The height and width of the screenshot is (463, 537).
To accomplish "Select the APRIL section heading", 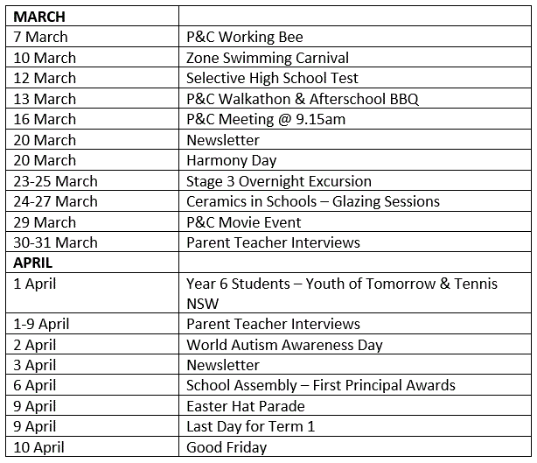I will pyautogui.click(x=33, y=263).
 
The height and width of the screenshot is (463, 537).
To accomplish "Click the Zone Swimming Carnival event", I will pyautogui.click(x=268, y=58).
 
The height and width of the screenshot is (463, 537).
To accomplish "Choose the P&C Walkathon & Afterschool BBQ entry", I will pyautogui.click(x=303, y=99).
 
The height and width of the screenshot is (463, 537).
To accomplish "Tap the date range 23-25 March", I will pyautogui.click(x=56, y=181).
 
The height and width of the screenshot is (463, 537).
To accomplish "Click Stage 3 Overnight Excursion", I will pyautogui.click(x=279, y=181).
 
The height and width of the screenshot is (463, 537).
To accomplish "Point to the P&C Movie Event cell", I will pyautogui.click(x=244, y=222).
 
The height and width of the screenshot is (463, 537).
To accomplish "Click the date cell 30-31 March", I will pyautogui.click(x=56, y=242).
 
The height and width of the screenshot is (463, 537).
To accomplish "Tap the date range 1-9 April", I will pyautogui.click(x=42, y=324).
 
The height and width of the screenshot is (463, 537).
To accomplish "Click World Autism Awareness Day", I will pyautogui.click(x=284, y=345).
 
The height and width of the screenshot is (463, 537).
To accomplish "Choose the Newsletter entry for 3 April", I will pyautogui.click(x=223, y=365).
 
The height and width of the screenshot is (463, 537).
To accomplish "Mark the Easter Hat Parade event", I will pyautogui.click(x=246, y=406).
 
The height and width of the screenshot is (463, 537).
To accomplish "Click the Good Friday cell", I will pyautogui.click(x=227, y=447).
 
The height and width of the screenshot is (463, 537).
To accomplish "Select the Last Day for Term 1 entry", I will pyautogui.click(x=251, y=426).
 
